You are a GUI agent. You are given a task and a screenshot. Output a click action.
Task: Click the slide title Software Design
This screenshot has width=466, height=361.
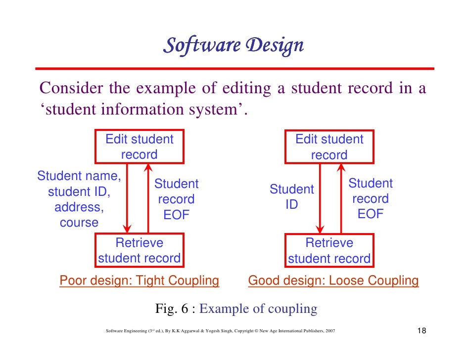[233, 46]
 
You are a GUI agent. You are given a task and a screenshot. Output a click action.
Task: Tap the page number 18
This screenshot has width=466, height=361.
[422, 331]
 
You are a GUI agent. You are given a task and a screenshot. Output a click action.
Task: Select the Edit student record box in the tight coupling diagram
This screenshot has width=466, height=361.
[139, 147]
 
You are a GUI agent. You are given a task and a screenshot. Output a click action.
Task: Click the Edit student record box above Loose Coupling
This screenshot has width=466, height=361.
[329, 147]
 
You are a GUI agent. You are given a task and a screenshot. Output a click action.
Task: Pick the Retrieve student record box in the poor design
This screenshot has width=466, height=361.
[139, 250]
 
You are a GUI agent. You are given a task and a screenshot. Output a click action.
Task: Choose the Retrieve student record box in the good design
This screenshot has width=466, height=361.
[329, 250]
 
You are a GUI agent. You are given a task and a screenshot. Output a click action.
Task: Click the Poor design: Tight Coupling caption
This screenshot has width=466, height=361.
[139, 281]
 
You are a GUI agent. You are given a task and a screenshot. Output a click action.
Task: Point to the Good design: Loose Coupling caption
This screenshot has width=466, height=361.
[333, 281]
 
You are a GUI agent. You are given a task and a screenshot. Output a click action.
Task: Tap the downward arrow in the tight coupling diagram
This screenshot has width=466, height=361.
[128, 198]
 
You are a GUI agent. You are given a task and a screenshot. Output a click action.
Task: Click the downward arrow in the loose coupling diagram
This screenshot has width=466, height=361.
[321, 198]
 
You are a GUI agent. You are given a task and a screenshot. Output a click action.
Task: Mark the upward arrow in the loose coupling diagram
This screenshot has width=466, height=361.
[341, 198]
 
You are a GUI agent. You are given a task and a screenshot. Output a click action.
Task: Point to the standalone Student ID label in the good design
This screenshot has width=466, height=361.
[291, 197]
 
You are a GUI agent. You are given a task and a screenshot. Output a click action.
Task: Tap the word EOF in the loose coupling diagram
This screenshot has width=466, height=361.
[370, 215]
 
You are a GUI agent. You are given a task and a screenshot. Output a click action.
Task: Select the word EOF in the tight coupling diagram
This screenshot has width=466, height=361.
[176, 216]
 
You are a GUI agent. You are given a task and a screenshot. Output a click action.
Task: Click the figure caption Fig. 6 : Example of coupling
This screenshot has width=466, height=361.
[236, 309]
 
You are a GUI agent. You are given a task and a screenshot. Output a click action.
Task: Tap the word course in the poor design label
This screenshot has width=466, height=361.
[79, 223]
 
